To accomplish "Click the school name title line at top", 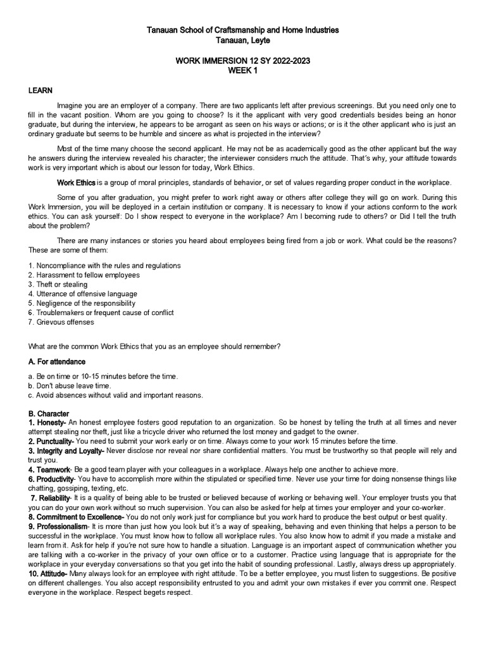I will tap(243, 30).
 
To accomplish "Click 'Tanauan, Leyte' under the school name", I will tap(243, 40).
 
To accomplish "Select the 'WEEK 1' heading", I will tap(243, 71).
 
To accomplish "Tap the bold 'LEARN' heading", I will tap(40, 90).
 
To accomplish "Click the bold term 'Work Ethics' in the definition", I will tap(76, 182).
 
